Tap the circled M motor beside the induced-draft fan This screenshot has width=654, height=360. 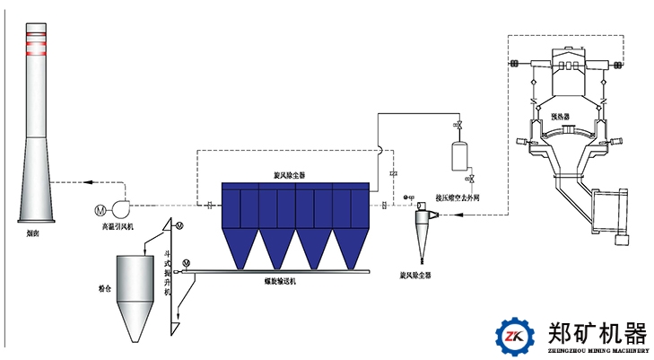pos(100,210)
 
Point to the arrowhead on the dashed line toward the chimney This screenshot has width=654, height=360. pos(86,182)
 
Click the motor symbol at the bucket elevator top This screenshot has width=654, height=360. pos(179,224)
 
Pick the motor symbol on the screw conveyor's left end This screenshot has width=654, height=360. pos(186,262)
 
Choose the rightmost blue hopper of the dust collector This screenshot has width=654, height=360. pos(349,248)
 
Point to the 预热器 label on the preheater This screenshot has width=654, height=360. pos(559,116)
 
